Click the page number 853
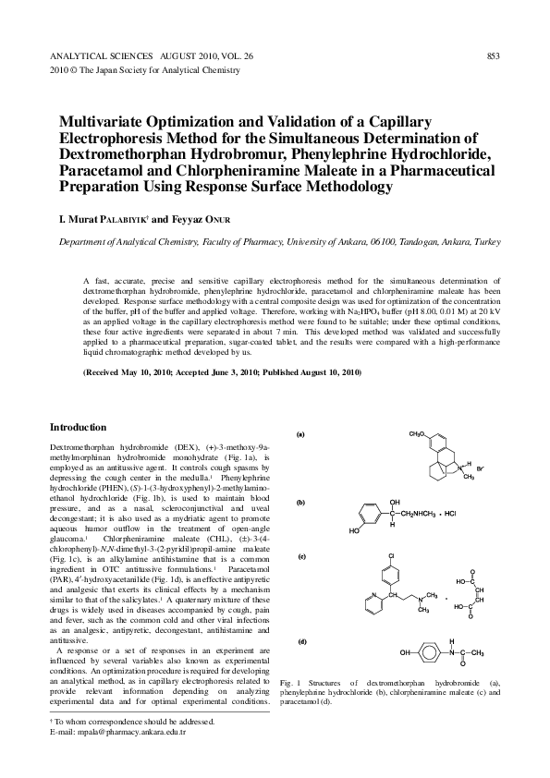493,55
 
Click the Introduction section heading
79,427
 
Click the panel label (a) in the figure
300,433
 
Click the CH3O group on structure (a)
419,432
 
